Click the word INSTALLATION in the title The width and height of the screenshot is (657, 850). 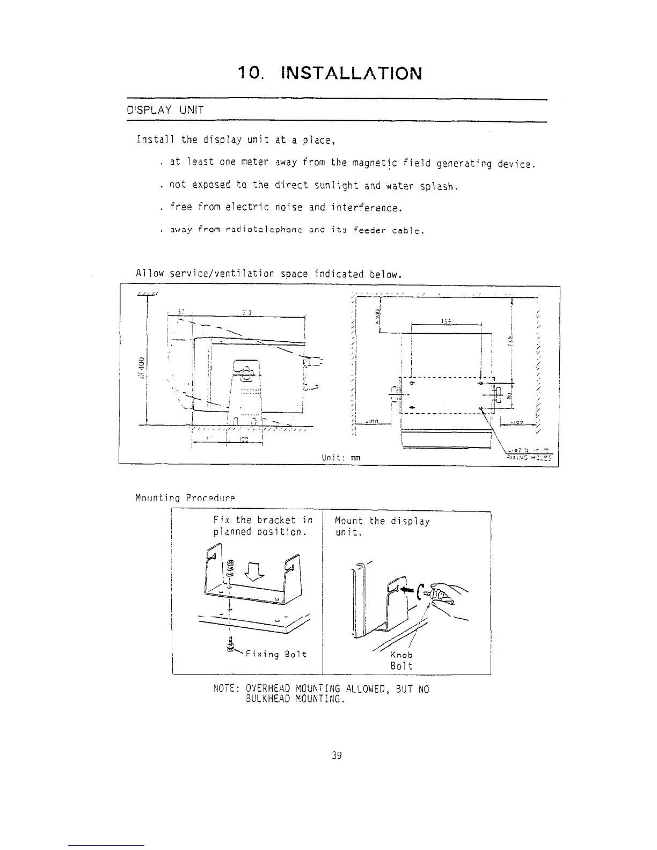(x=351, y=73)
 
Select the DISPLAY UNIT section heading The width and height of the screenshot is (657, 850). (x=165, y=111)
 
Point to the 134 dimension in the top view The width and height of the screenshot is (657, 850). (x=445, y=321)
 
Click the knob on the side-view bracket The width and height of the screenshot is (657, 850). (x=245, y=370)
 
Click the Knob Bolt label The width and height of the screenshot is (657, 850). (x=401, y=661)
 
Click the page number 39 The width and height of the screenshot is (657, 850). (x=337, y=756)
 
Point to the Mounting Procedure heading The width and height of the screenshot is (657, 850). (x=185, y=497)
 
